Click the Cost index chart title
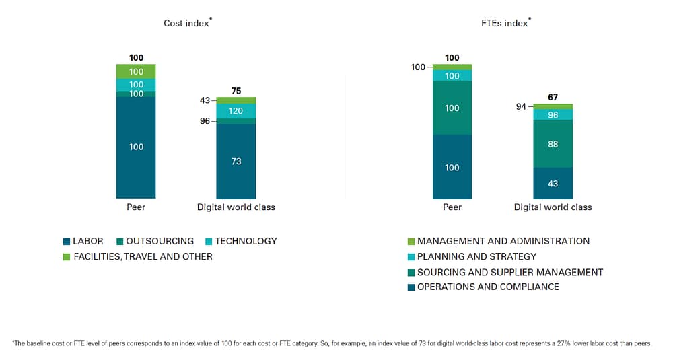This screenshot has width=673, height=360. [187, 24]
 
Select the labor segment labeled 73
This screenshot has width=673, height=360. [236, 161]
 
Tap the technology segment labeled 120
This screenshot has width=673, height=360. [236, 111]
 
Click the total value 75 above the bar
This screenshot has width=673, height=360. [236, 91]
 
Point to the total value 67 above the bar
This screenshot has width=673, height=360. [553, 98]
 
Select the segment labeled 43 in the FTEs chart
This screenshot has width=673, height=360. [553, 184]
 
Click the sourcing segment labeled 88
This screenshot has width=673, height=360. [553, 144]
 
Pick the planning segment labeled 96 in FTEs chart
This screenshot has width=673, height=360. [553, 115]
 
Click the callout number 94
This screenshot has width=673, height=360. [521, 106]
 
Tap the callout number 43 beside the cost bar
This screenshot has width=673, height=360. [205, 100]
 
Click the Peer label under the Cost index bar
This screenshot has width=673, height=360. [136, 207]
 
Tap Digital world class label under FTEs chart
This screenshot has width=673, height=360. [553, 207]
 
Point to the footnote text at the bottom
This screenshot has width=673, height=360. [332, 344]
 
